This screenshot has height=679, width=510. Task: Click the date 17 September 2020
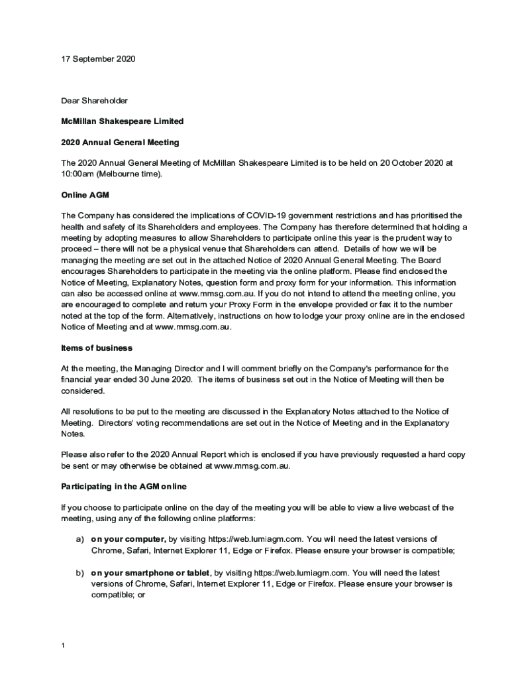[98, 59]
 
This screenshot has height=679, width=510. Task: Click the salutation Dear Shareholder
[94, 101]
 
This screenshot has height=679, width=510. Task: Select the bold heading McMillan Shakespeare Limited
[122, 121]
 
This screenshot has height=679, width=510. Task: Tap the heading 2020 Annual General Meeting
[120, 142]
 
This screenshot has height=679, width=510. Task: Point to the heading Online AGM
[85, 196]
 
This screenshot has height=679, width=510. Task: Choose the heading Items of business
[97, 348]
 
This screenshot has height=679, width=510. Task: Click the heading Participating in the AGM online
[124, 487]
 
